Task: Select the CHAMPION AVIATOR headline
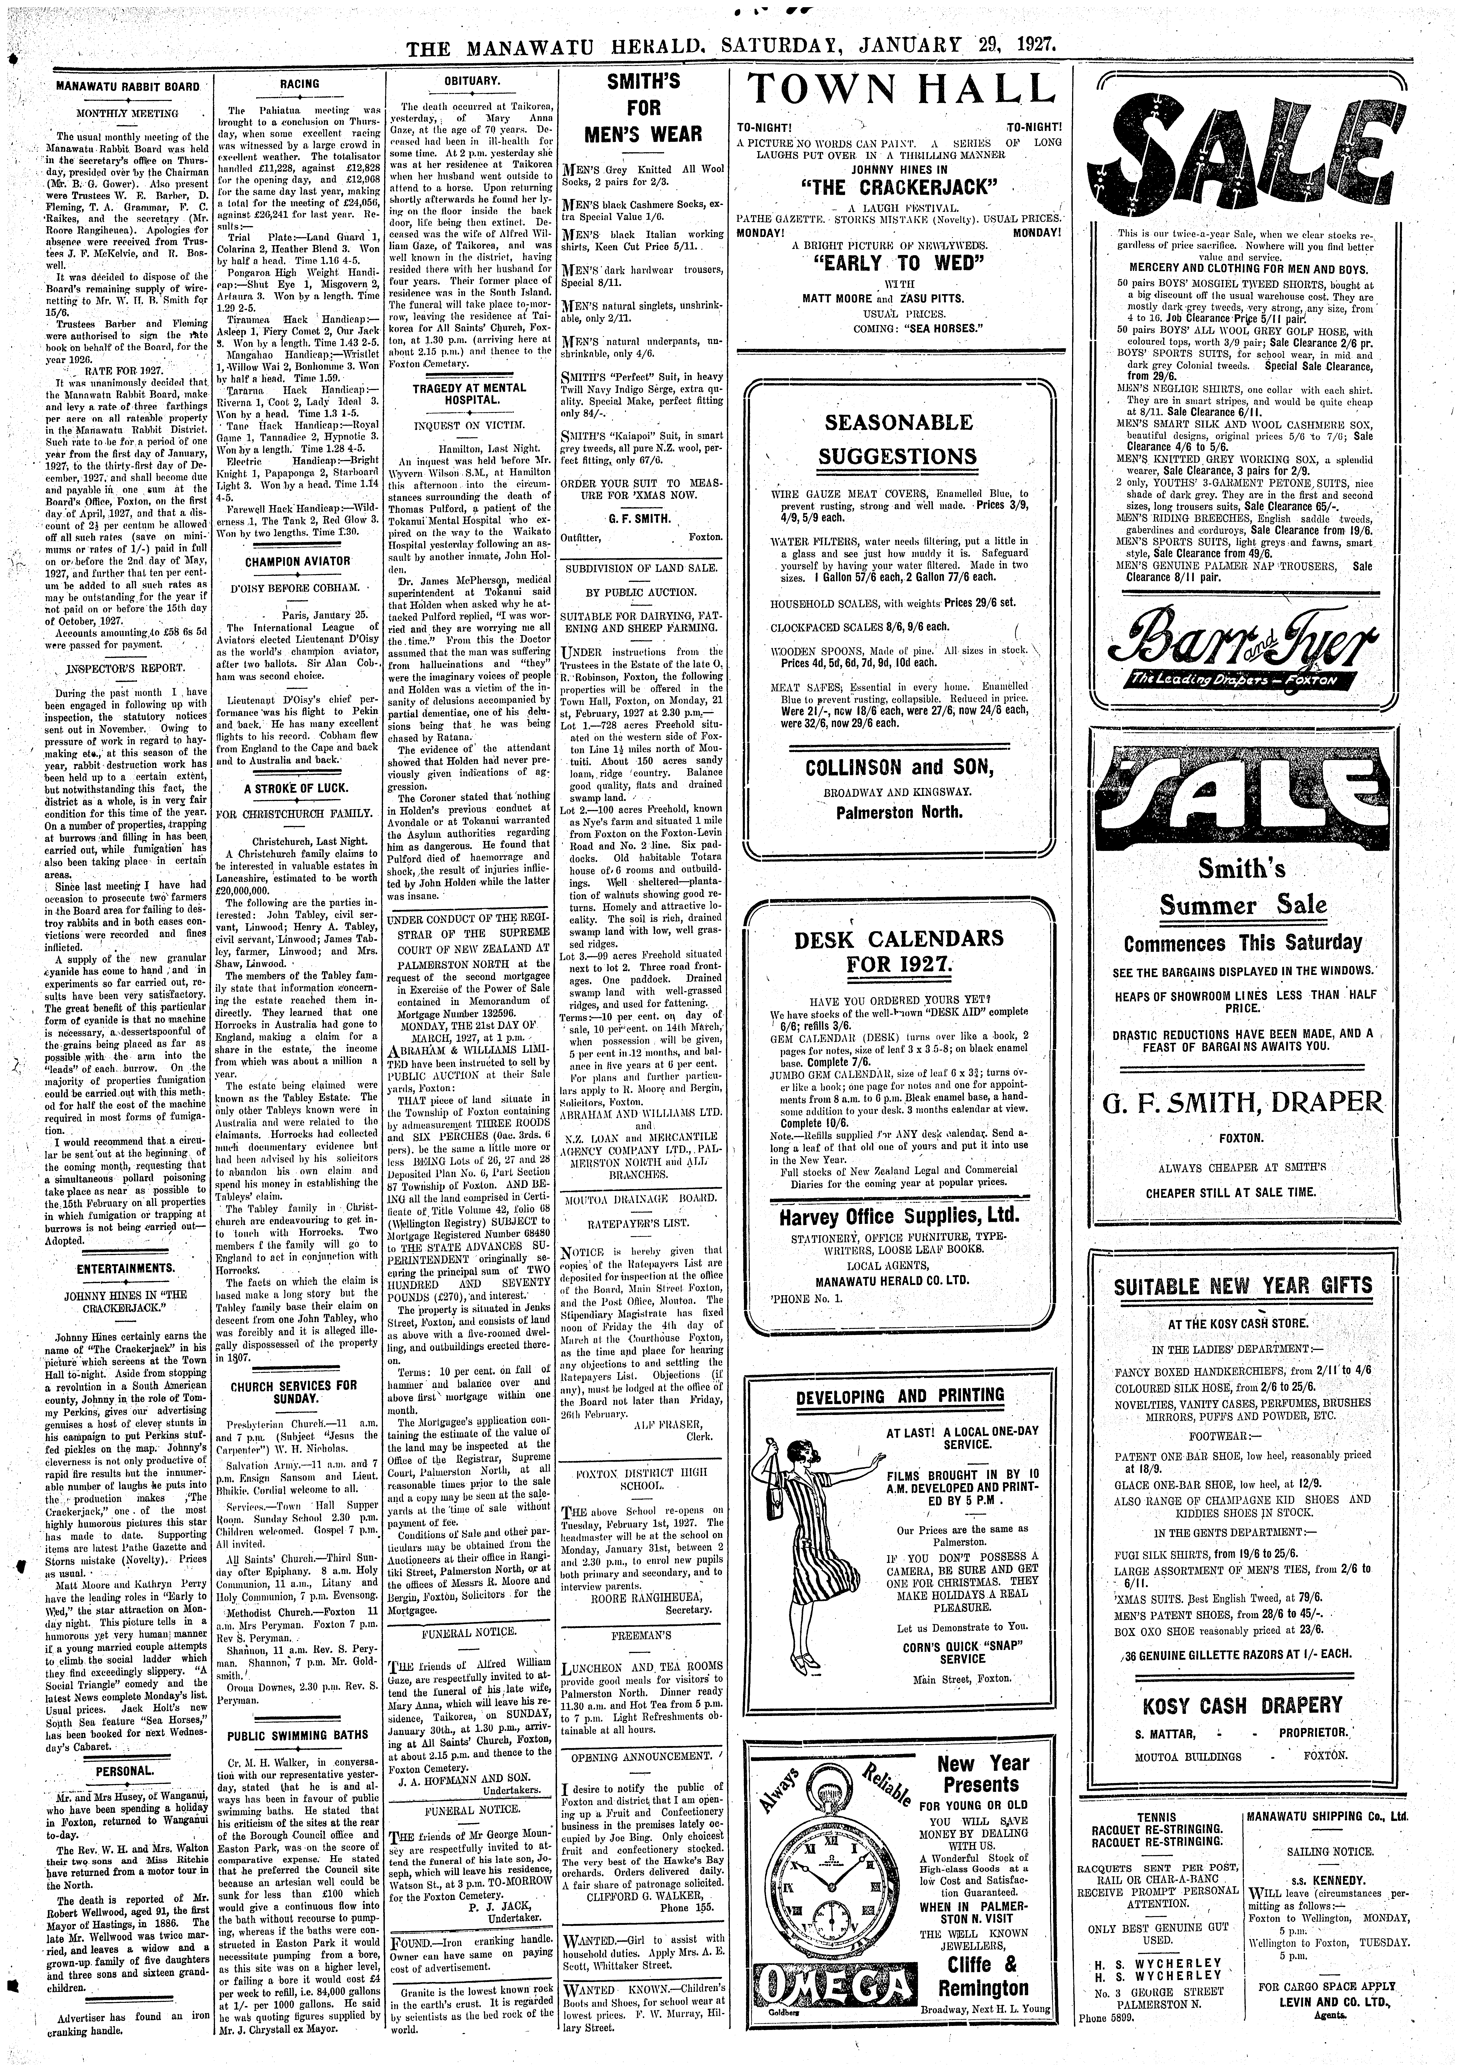(x=298, y=561)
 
